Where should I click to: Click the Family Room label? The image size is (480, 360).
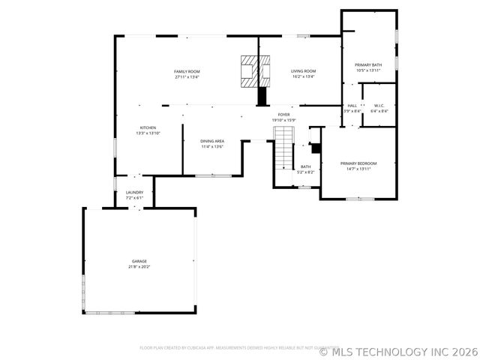tap(187, 71)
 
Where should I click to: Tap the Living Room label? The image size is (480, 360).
tap(303, 71)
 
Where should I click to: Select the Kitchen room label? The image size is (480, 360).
tap(148, 128)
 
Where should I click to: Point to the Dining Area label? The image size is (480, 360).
tap(212, 141)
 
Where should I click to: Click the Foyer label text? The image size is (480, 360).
tap(283, 115)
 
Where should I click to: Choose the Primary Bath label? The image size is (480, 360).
tap(368, 64)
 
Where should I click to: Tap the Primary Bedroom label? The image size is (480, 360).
tap(358, 163)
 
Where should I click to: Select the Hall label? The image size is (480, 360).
tap(352, 106)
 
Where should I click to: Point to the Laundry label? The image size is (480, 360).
tap(134, 193)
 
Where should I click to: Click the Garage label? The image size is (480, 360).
tap(140, 261)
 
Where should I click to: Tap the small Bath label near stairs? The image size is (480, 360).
tap(305, 166)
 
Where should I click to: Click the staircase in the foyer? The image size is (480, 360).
tap(283, 150)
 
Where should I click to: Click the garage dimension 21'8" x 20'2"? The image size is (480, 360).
tap(140, 266)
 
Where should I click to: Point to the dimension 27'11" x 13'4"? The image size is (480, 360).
tap(187, 76)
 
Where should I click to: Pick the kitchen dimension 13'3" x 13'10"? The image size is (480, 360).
tap(148, 133)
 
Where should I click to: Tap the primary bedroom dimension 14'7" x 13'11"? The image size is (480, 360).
tap(358, 169)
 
